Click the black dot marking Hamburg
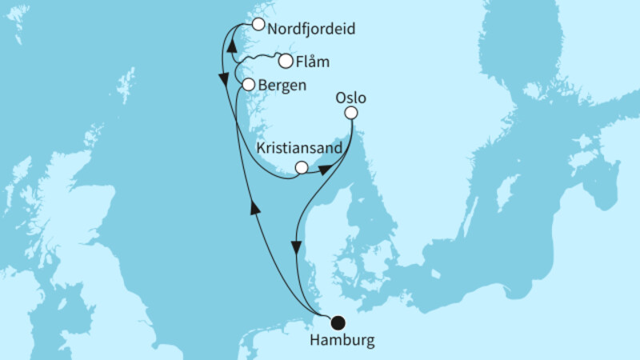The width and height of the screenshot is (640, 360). [338, 323]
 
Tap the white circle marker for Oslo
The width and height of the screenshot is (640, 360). [351, 114]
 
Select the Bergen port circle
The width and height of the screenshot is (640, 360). [248, 84]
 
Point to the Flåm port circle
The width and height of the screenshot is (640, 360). [285, 61]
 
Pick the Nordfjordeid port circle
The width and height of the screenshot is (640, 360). [258, 24]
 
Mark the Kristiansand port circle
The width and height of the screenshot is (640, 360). [301, 167]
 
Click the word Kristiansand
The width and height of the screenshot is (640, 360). [301, 149]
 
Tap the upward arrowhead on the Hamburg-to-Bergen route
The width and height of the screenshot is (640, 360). [256, 208]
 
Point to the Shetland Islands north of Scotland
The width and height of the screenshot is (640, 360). [126, 84]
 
